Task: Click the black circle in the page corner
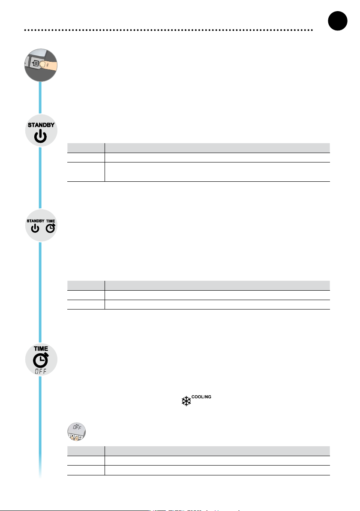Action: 338,21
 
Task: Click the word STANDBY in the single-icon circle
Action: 41,125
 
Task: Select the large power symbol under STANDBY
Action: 40,136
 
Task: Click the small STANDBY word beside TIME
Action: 36,221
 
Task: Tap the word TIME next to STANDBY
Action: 51,221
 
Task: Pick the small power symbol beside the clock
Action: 35,228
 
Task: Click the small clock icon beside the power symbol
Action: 51,228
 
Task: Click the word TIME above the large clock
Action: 41,349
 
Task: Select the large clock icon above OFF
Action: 41,360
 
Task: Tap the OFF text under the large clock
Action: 41,371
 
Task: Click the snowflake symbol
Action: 186,401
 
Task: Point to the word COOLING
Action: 201,397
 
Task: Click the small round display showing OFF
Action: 77,432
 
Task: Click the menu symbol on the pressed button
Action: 36,63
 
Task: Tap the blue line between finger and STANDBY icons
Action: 40,98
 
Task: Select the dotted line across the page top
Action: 168,30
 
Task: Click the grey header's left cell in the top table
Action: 86,147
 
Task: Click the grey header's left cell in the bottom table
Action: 86,451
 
